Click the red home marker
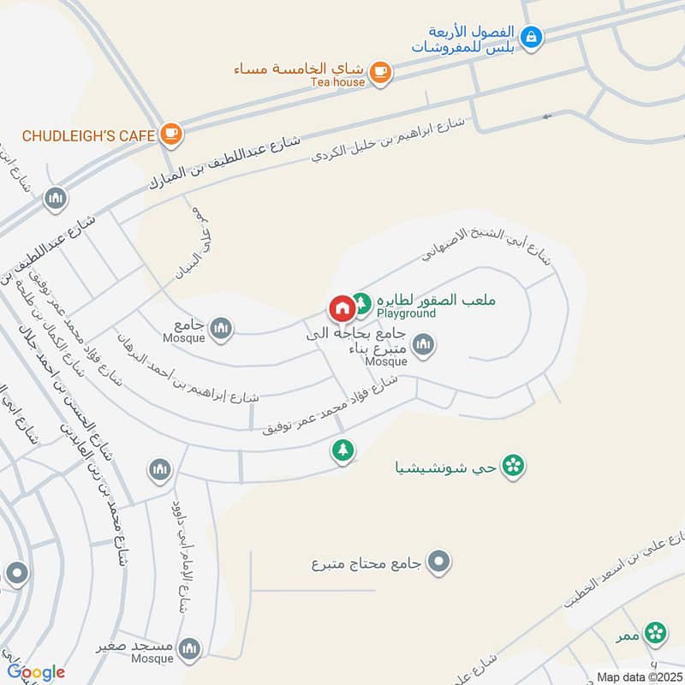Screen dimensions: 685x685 pyautogui.click(x=341, y=307)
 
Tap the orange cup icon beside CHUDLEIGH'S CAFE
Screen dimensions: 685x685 pyautogui.click(x=171, y=134)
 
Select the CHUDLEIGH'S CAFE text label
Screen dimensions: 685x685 pyautogui.click(x=88, y=135)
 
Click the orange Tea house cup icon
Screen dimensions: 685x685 pyautogui.click(x=382, y=74)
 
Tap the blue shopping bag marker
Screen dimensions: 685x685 pyautogui.click(x=532, y=37)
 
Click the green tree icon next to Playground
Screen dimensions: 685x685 pyautogui.click(x=362, y=302)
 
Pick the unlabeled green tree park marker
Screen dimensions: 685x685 pyautogui.click(x=342, y=450)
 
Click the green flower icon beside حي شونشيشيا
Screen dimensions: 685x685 pyautogui.click(x=514, y=466)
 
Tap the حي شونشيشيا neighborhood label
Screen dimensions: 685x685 pyautogui.click(x=448, y=468)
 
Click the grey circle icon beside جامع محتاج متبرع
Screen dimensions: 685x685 pyautogui.click(x=439, y=563)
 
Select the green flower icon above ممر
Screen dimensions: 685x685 pyautogui.click(x=656, y=633)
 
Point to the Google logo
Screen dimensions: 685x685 pyautogui.click(x=36, y=672)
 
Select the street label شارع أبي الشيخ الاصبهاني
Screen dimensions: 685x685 pyautogui.click(x=489, y=245)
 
